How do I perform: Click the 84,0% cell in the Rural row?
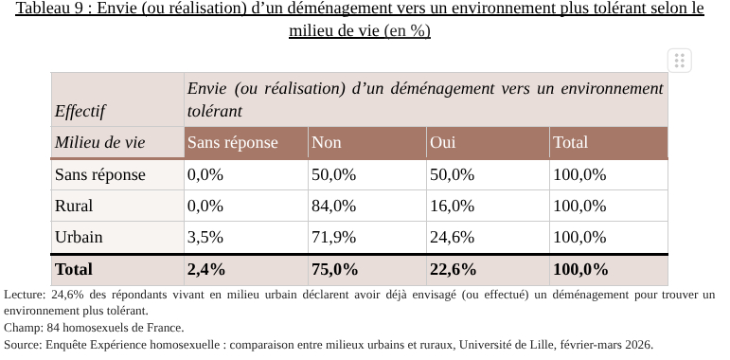[x=333, y=206]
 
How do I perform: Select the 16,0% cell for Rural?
[x=451, y=206]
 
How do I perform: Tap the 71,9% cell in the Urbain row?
[x=333, y=237]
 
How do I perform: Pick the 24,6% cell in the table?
[x=451, y=237]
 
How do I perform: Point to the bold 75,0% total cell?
[x=335, y=269]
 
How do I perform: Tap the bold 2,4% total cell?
[x=206, y=269]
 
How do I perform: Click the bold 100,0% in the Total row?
[x=580, y=269]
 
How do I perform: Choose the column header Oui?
[x=442, y=143]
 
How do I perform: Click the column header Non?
[x=327, y=143]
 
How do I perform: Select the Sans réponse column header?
[x=233, y=143]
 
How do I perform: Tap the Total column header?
[x=570, y=143]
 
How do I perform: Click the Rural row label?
[x=74, y=206]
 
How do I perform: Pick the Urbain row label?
[x=79, y=237]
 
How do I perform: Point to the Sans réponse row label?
[x=100, y=174]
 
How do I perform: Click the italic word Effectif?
[x=80, y=112]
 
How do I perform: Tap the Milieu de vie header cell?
[x=100, y=143]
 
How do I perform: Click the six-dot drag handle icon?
[x=678, y=61]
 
